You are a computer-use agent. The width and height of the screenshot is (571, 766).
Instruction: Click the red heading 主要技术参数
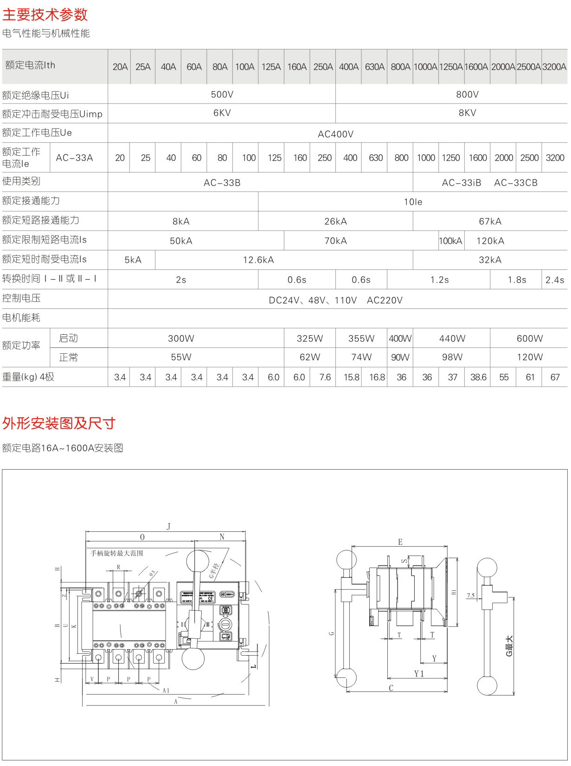click(x=45, y=15)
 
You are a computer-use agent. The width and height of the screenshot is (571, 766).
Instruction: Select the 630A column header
click(x=374, y=67)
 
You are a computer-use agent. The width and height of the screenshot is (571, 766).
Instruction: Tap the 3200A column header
click(x=554, y=67)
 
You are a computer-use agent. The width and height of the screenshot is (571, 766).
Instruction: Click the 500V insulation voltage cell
click(x=222, y=95)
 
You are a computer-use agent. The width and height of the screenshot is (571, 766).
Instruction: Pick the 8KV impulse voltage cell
click(x=467, y=113)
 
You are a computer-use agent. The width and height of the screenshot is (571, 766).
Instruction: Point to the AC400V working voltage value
click(x=335, y=134)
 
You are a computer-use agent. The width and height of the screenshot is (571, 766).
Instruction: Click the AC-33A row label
click(x=74, y=158)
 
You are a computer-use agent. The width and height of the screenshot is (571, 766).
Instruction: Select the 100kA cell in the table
click(x=450, y=241)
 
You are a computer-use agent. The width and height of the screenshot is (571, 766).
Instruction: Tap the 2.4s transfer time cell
click(x=555, y=280)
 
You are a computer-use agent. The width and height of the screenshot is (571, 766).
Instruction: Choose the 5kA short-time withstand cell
click(x=133, y=260)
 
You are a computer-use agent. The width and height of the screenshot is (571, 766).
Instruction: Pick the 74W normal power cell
click(x=361, y=357)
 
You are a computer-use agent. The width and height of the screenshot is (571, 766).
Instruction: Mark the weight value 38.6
click(x=478, y=377)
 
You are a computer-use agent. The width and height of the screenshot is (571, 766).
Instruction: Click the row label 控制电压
click(x=21, y=298)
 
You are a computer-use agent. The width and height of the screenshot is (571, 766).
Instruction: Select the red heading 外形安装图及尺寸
click(x=58, y=423)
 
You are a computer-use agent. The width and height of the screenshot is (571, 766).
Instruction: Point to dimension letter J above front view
click(x=168, y=526)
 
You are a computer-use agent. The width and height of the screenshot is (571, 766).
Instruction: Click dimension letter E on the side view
click(x=400, y=542)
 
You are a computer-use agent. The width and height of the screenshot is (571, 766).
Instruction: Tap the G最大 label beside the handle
click(x=509, y=646)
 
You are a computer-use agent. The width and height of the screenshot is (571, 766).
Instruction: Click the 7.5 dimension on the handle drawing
click(x=471, y=596)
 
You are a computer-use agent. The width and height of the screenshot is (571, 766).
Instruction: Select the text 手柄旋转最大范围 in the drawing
click(x=117, y=553)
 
